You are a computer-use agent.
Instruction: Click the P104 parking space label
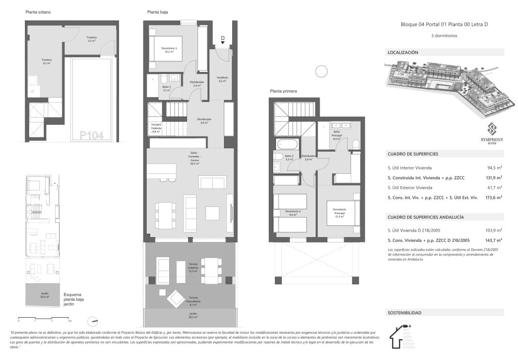tap(91, 136)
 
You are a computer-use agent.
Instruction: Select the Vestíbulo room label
tap(223, 79)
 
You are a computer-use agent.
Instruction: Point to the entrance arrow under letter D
tap(223, 43)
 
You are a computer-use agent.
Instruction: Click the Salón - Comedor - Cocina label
tap(193, 158)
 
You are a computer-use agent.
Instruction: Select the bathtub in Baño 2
tap(287, 144)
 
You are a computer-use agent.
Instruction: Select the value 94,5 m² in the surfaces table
tap(494, 168)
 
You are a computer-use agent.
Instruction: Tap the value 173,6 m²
tap(493, 197)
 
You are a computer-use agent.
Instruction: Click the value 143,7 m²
tap(493, 240)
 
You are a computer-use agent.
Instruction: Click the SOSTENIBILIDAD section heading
tap(404, 313)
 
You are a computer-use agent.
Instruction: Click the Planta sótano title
tap(38, 12)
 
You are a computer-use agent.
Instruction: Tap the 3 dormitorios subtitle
tap(444, 35)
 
